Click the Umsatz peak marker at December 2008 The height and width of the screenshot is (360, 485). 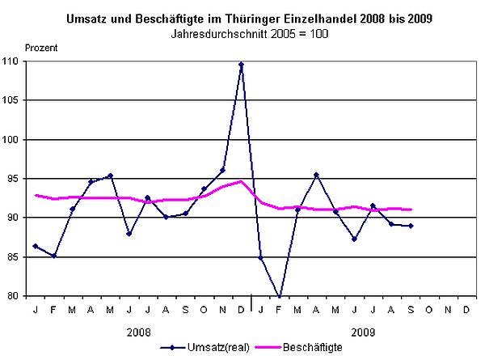point(242,64)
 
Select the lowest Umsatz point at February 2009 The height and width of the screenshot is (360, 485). point(280,296)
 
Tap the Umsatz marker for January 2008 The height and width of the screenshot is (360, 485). point(35,246)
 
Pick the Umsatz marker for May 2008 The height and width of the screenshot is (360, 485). point(110,176)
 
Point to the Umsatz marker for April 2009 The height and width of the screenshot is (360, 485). point(317,175)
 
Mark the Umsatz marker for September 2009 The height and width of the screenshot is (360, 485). point(411,226)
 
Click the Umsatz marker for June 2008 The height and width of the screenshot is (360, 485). point(129,234)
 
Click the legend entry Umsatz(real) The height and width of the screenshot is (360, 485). point(212,346)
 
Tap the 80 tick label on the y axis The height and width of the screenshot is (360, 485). point(14,296)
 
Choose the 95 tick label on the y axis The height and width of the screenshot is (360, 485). point(14,179)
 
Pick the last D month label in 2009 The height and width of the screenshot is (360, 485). point(468,310)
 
